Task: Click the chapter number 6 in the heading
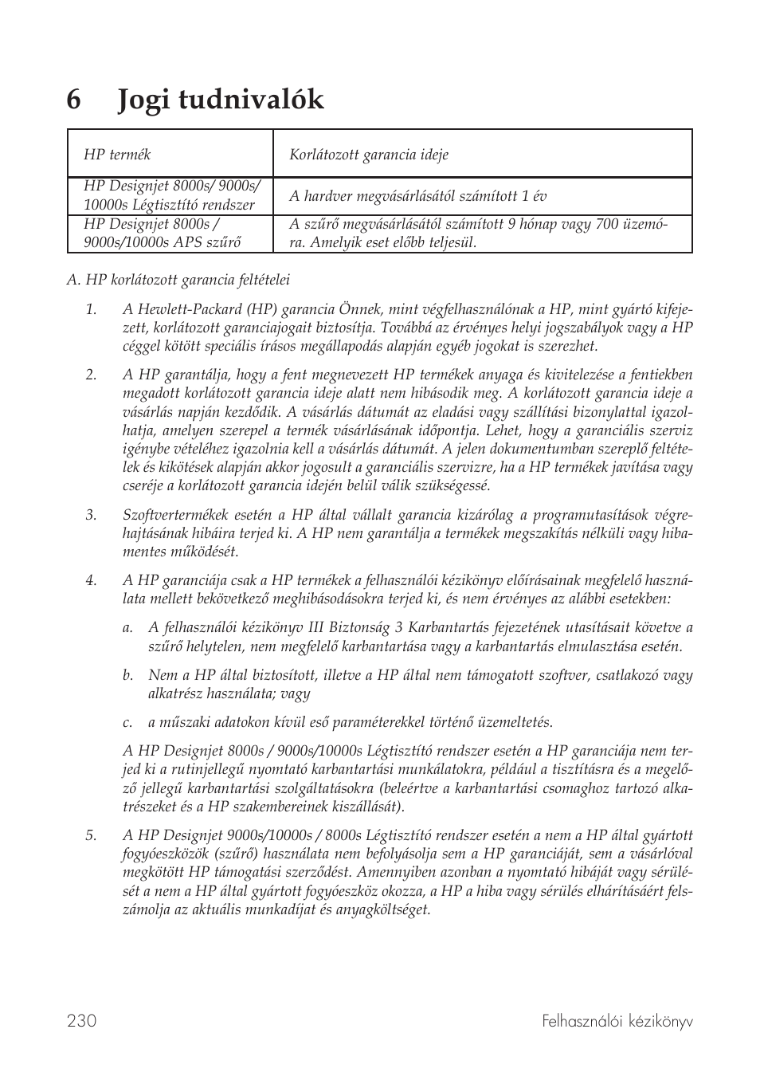pyautogui.click(x=74, y=100)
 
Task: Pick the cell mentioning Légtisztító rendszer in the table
pyautogui.click(x=171, y=196)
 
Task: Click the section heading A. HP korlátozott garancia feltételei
pyautogui.click(x=178, y=280)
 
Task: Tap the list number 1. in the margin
pyautogui.click(x=91, y=309)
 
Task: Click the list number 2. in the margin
pyautogui.click(x=91, y=375)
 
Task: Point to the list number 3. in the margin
pyautogui.click(x=91, y=515)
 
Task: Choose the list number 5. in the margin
pyautogui.click(x=91, y=835)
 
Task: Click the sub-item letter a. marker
pyautogui.click(x=127, y=628)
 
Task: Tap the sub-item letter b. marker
pyautogui.click(x=127, y=675)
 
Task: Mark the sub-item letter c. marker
pyautogui.click(x=127, y=722)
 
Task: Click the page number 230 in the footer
pyautogui.click(x=82, y=1021)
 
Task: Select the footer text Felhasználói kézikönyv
pyautogui.click(x=617, y=1021)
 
